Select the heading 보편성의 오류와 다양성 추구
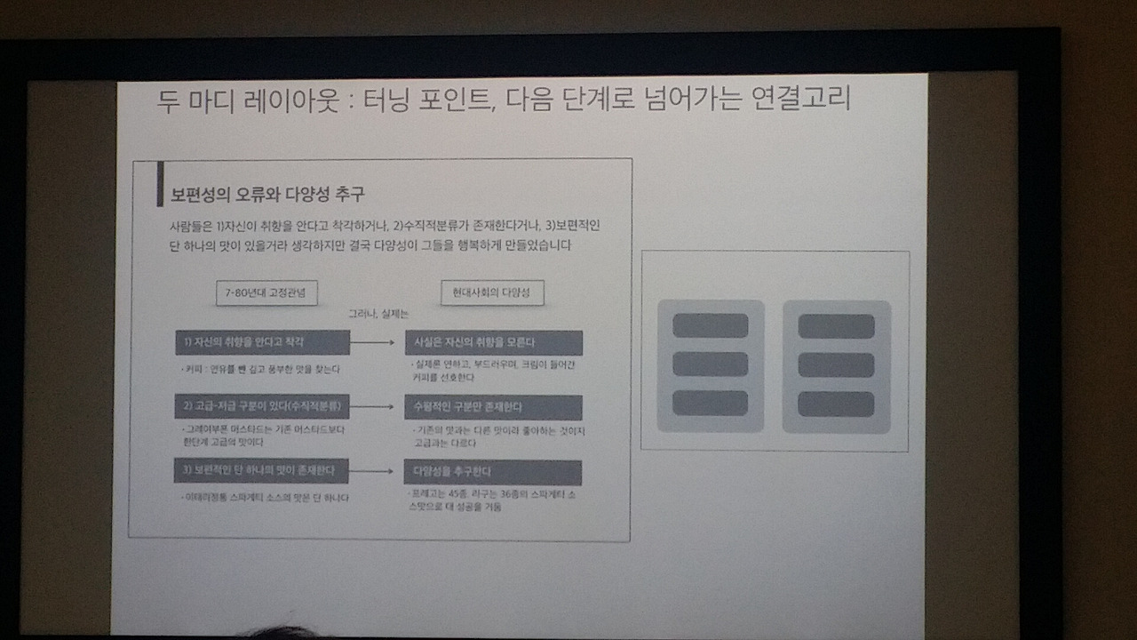click(267, 195)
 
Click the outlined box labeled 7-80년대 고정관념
click(266, 293)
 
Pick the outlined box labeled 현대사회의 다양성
click(492, 293)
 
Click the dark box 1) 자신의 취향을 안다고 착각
click(262, 342)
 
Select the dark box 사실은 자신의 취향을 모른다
click(493, 343)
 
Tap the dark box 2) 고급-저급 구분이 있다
click(262, 406)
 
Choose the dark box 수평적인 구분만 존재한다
click(493, 407)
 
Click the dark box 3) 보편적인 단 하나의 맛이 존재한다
click(261, 471)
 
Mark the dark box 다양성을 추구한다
click(492, 472)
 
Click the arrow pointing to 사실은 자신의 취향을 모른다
click(376, 342)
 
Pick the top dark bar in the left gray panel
click(710, 326)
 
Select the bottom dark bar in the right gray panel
click(836, 404)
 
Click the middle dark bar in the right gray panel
click(836, 365)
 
